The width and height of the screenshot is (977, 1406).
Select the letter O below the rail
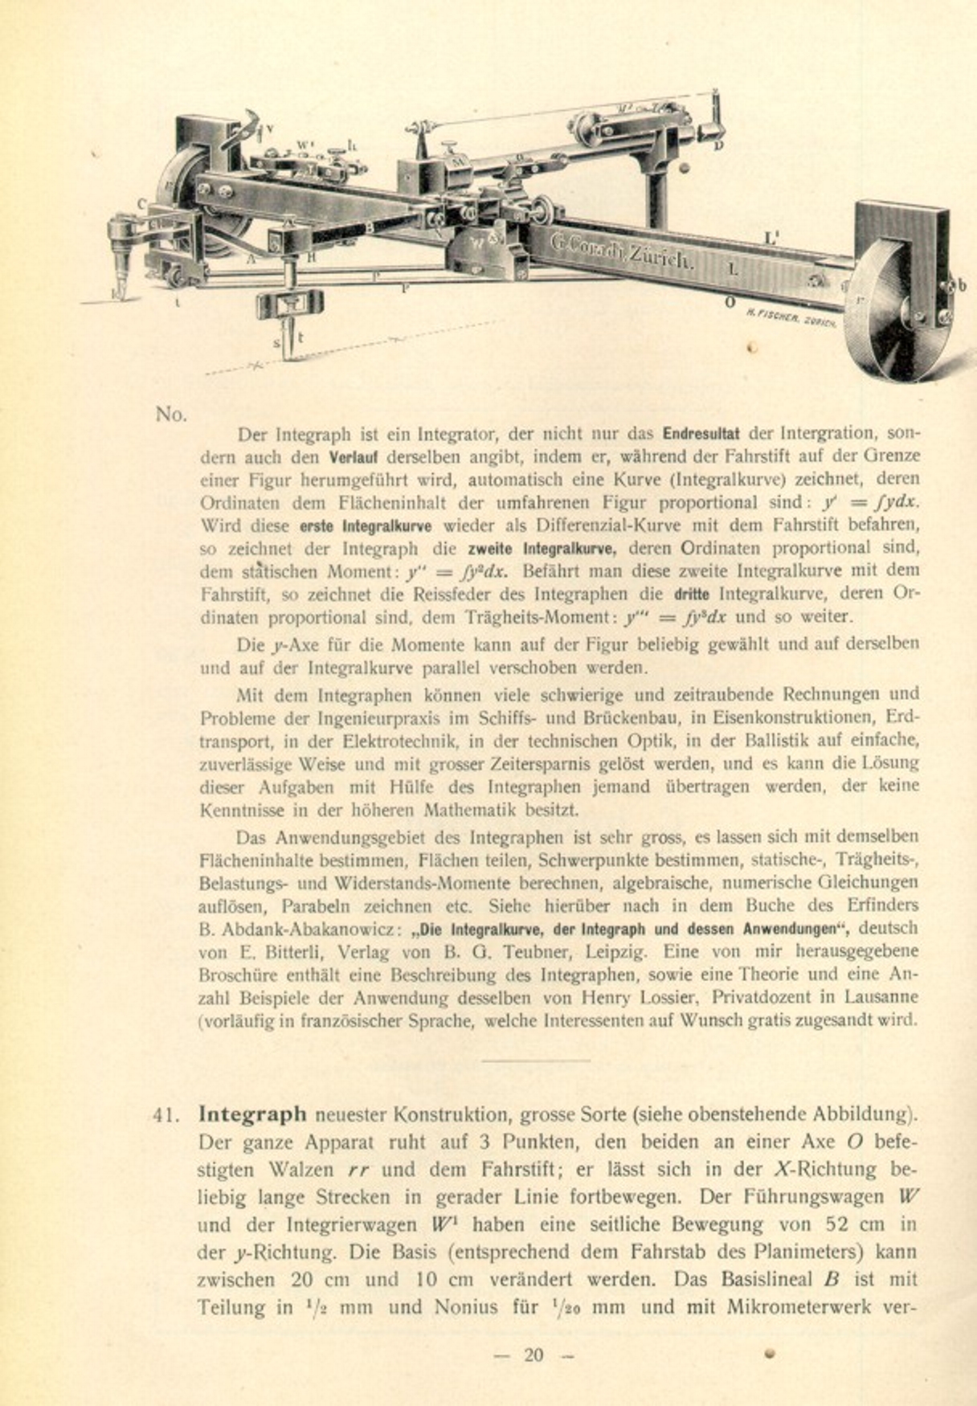(730, 301)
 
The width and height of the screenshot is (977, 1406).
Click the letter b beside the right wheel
(962, 285)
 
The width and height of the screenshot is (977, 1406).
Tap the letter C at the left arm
(141, 204)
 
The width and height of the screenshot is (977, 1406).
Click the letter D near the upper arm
(718, 145)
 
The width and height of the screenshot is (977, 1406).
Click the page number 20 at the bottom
(533, 1355)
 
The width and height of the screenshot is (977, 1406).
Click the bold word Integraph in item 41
(252, 1114)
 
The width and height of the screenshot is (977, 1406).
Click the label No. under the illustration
(171, 415)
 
